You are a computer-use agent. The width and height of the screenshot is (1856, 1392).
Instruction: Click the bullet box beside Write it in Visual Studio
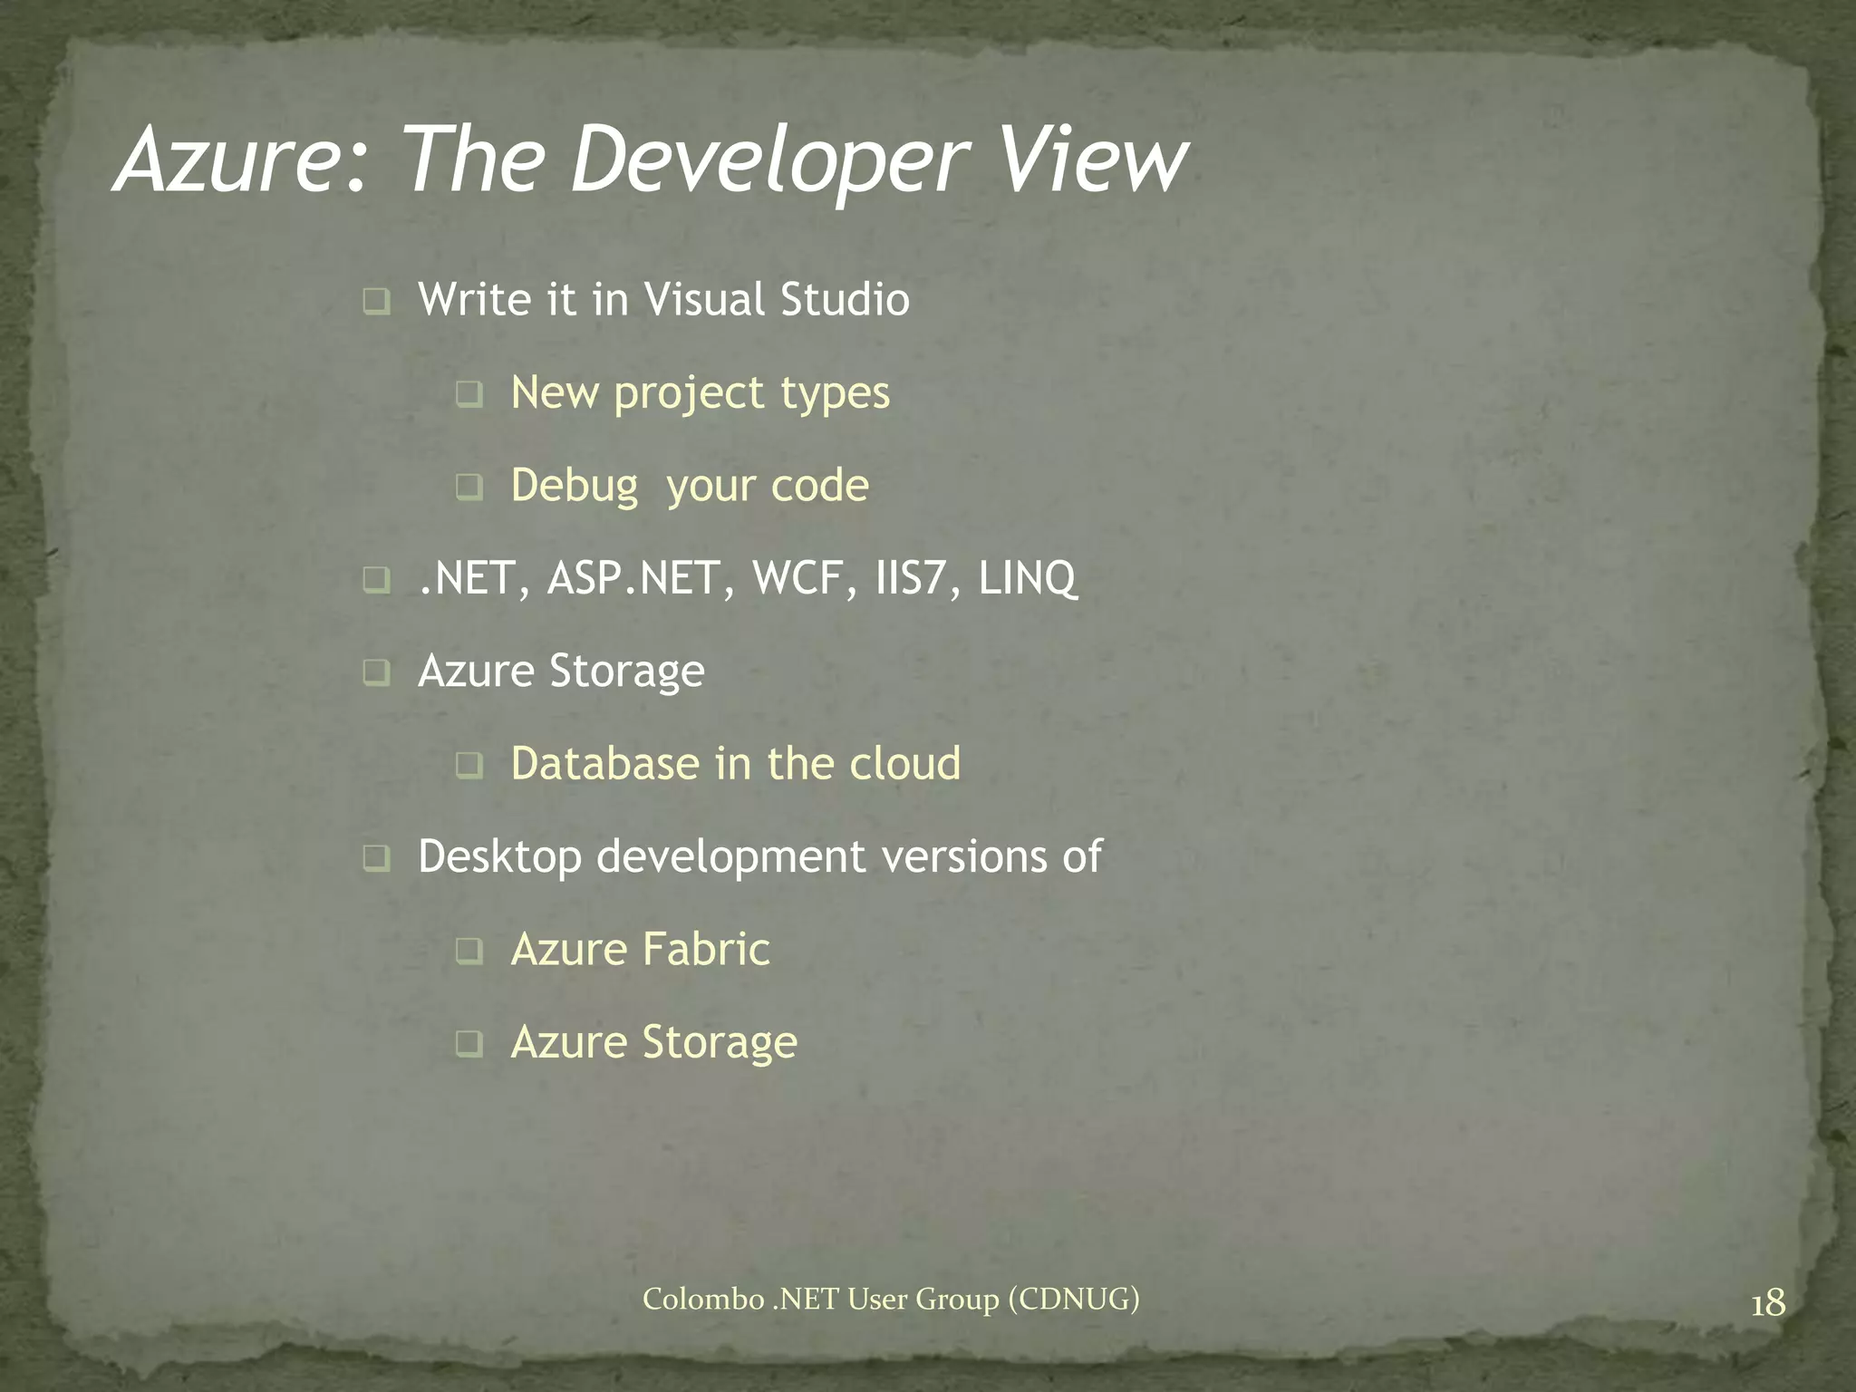pyautogui.click(x=376, y=301)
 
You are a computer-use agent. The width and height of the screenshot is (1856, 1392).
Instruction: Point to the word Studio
pyautogui.click(x=845, y=299)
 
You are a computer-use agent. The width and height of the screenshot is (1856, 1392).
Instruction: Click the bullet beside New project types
pyautogui.click(x=469, y=394)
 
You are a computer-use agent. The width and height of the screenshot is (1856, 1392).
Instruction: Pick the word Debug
pyautogui.click(x=575, y=486)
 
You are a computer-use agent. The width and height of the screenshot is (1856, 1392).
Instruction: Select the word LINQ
pyautogui.click(x=1028, y=578)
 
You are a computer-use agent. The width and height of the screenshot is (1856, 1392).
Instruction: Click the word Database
pyautogui.click(x=604, y=763)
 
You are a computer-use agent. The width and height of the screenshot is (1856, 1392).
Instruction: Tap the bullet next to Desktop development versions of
pyautogui.click(x=376, y=857)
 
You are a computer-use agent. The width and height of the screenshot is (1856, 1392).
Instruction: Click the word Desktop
pyautogui.click(x=499, y=857)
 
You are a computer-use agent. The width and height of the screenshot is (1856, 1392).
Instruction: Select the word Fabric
pyautogui.click(x=706, y=949)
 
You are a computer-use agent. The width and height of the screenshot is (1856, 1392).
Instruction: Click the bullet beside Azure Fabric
pyautogui.click(x=469, y=951)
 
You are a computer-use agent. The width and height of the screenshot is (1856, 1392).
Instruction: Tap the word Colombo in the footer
pyautogui.click(x=703, y=1300)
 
